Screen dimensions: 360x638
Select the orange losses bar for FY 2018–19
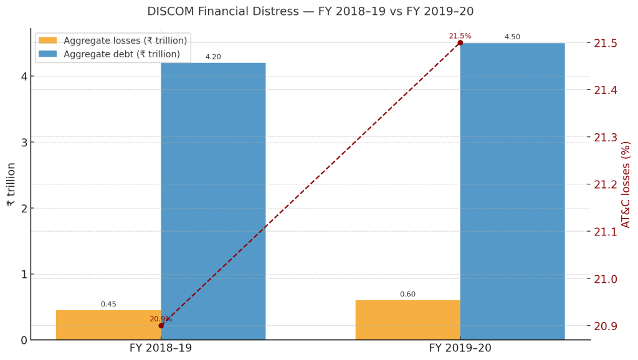108,324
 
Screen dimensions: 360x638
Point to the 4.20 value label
213,57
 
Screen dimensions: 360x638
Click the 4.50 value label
512,37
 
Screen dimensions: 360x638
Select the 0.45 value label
108,305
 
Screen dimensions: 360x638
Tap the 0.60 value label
407,295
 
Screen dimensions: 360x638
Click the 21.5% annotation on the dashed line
460,36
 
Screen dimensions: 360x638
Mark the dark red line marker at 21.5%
460,43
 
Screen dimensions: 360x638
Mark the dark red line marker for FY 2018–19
161,326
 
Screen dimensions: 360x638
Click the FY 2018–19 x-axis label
161,348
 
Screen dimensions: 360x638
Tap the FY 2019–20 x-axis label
460,348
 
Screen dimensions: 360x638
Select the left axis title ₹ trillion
11,184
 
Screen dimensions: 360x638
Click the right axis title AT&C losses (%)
626,184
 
